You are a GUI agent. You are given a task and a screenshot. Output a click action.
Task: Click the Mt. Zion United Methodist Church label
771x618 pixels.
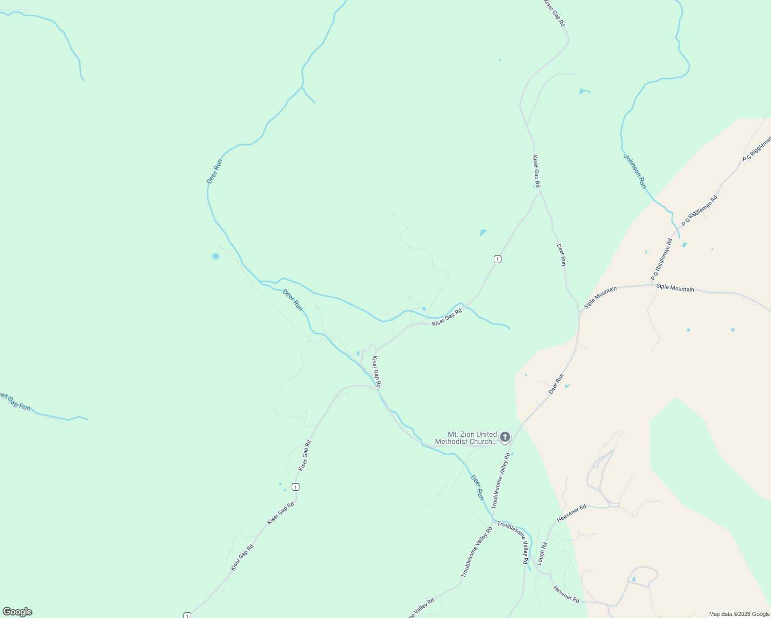[x=466, y=438]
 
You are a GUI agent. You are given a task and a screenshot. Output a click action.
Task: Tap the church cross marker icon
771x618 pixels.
[x=505, y=437]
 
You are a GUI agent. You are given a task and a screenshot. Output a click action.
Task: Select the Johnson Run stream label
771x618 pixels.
[x=634, y=171]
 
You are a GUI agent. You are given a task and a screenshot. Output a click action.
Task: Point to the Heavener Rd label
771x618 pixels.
[x=572, y=513]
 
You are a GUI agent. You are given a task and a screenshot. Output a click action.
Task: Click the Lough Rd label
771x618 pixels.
[x=542, y=554]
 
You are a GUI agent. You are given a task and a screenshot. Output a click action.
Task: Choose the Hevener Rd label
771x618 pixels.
[x=566, y=594]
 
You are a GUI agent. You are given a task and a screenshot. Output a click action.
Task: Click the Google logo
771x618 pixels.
[x=18, y=612]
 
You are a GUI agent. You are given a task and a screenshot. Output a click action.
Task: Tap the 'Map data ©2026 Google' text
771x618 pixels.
[x=739, y=614]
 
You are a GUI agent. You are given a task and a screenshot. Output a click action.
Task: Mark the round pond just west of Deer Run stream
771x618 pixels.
[x=215, y=256]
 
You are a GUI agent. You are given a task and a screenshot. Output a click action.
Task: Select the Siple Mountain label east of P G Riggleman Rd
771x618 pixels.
[x=675, y=288]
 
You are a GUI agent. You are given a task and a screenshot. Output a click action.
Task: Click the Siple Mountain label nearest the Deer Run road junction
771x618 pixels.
[x=600, y=298]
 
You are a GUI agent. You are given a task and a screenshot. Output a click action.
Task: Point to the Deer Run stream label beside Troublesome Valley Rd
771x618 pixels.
[x=477, y=487]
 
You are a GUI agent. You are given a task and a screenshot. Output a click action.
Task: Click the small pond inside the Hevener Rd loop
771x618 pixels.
[x=633, y=579]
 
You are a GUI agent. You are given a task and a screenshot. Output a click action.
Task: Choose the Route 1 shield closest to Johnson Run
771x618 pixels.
[x=497, y=259]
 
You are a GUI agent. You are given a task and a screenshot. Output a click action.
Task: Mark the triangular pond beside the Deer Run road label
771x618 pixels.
[x=567, y=386]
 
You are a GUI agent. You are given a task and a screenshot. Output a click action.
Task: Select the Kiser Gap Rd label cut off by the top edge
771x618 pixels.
[x=554, y=13]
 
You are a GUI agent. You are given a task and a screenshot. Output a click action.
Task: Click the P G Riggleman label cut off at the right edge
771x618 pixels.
[x=757, y=148]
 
